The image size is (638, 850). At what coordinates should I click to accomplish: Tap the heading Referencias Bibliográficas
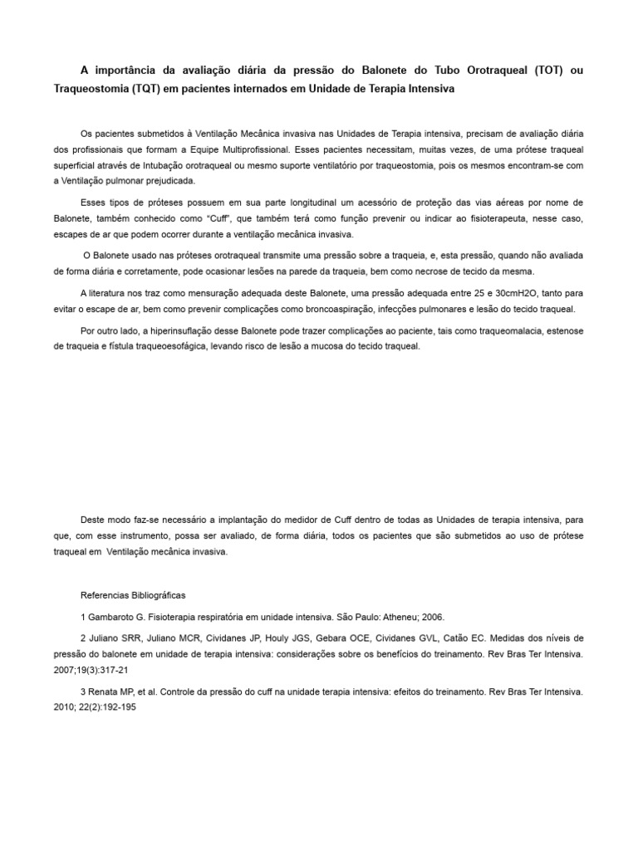[x=133, y=595]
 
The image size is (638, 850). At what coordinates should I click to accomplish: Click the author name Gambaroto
[x=110, y=617]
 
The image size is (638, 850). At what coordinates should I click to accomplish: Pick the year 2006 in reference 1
[x=432, y=617]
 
